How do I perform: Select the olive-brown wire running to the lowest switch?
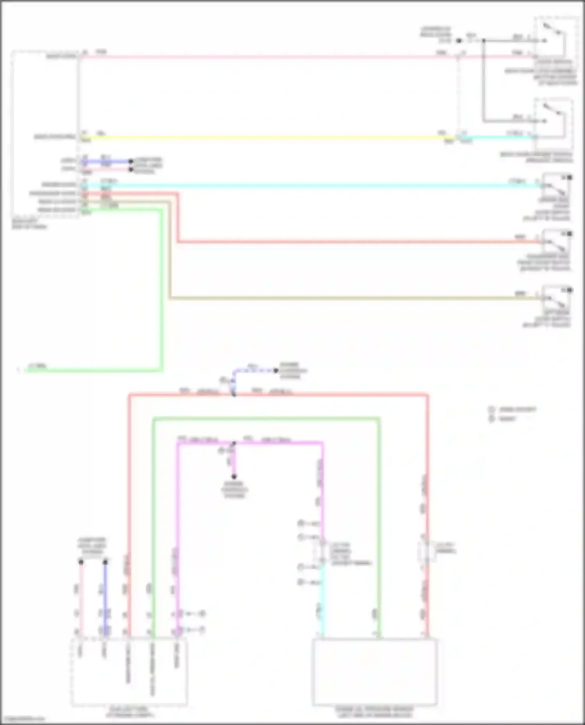pos(351,298)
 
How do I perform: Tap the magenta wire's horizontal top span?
pos(273,443)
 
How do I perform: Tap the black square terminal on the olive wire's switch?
pos(570,290)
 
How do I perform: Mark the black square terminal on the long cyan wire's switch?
pos(570,178)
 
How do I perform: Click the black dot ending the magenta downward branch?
pos(234,476)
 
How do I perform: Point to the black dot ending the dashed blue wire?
pos(276,370)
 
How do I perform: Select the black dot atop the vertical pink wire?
pos(81,562)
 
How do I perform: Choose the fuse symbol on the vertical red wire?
pos(427,551)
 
